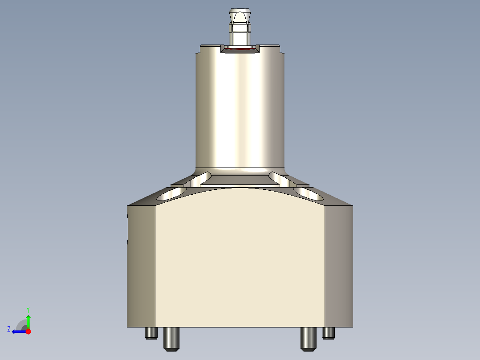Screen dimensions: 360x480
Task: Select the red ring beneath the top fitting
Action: (x=240, y=49)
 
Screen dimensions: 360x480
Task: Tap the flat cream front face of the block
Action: (x=240, y=258)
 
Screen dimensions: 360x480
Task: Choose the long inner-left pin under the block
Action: (x=171, y=339)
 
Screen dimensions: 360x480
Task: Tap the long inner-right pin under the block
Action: (x=308, y=339)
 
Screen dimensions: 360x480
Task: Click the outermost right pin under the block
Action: (x=329, y=333)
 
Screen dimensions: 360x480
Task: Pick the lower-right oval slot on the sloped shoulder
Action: (x=308, y=193)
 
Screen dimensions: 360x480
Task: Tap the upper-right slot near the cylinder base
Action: (x=280, y=179)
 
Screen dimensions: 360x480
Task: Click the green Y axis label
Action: (x=28, y=309)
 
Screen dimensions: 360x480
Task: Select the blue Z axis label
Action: (x=8, y=329)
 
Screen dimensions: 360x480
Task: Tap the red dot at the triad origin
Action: (x=28, y=331)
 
